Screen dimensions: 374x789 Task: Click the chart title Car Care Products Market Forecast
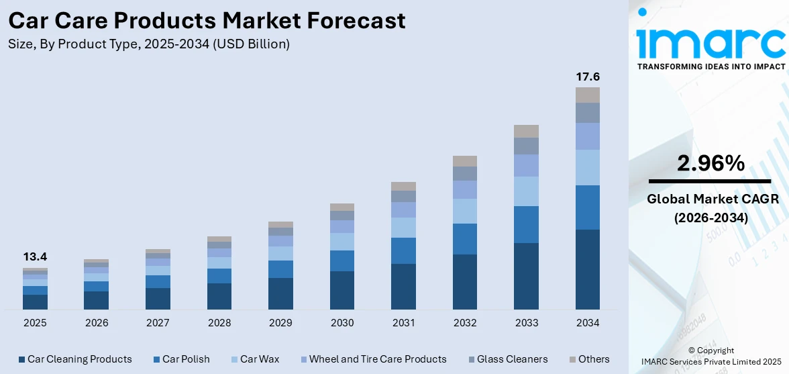tap(207, 21)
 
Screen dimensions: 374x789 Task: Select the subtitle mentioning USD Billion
tap(149, 44)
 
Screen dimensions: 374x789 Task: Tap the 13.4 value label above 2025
tap(35, 256)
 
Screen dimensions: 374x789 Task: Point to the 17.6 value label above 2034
tap(587, 77)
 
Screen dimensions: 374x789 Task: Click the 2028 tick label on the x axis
tap(219, 323)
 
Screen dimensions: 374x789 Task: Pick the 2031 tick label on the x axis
tap(403, 323)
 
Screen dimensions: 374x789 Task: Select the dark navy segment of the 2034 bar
tap(587, 269)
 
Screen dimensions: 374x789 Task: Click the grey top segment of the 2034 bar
tap(587, 95)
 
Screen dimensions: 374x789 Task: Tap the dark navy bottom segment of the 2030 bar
tap(342, 290)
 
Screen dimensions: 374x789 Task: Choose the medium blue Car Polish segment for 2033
tap(526, 224)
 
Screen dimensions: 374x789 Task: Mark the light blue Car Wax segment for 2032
tap(465, 211)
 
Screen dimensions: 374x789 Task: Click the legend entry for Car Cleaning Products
tap(75, 359)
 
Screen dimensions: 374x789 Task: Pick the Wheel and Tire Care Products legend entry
tap(372, 359)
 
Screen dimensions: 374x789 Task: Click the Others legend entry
tap(588, 359)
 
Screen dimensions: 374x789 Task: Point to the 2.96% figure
tap(710, 163)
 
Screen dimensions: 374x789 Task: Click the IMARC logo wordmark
tap(711, 42)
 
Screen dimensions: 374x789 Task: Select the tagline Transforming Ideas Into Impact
tap(711, 66)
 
